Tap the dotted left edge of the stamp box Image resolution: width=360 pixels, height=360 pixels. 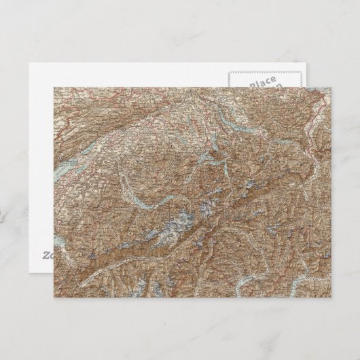tap(229, 80)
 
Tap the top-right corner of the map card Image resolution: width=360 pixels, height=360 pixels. tap(330, 86)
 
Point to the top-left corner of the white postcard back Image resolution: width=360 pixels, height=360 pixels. tap(29, 62)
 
